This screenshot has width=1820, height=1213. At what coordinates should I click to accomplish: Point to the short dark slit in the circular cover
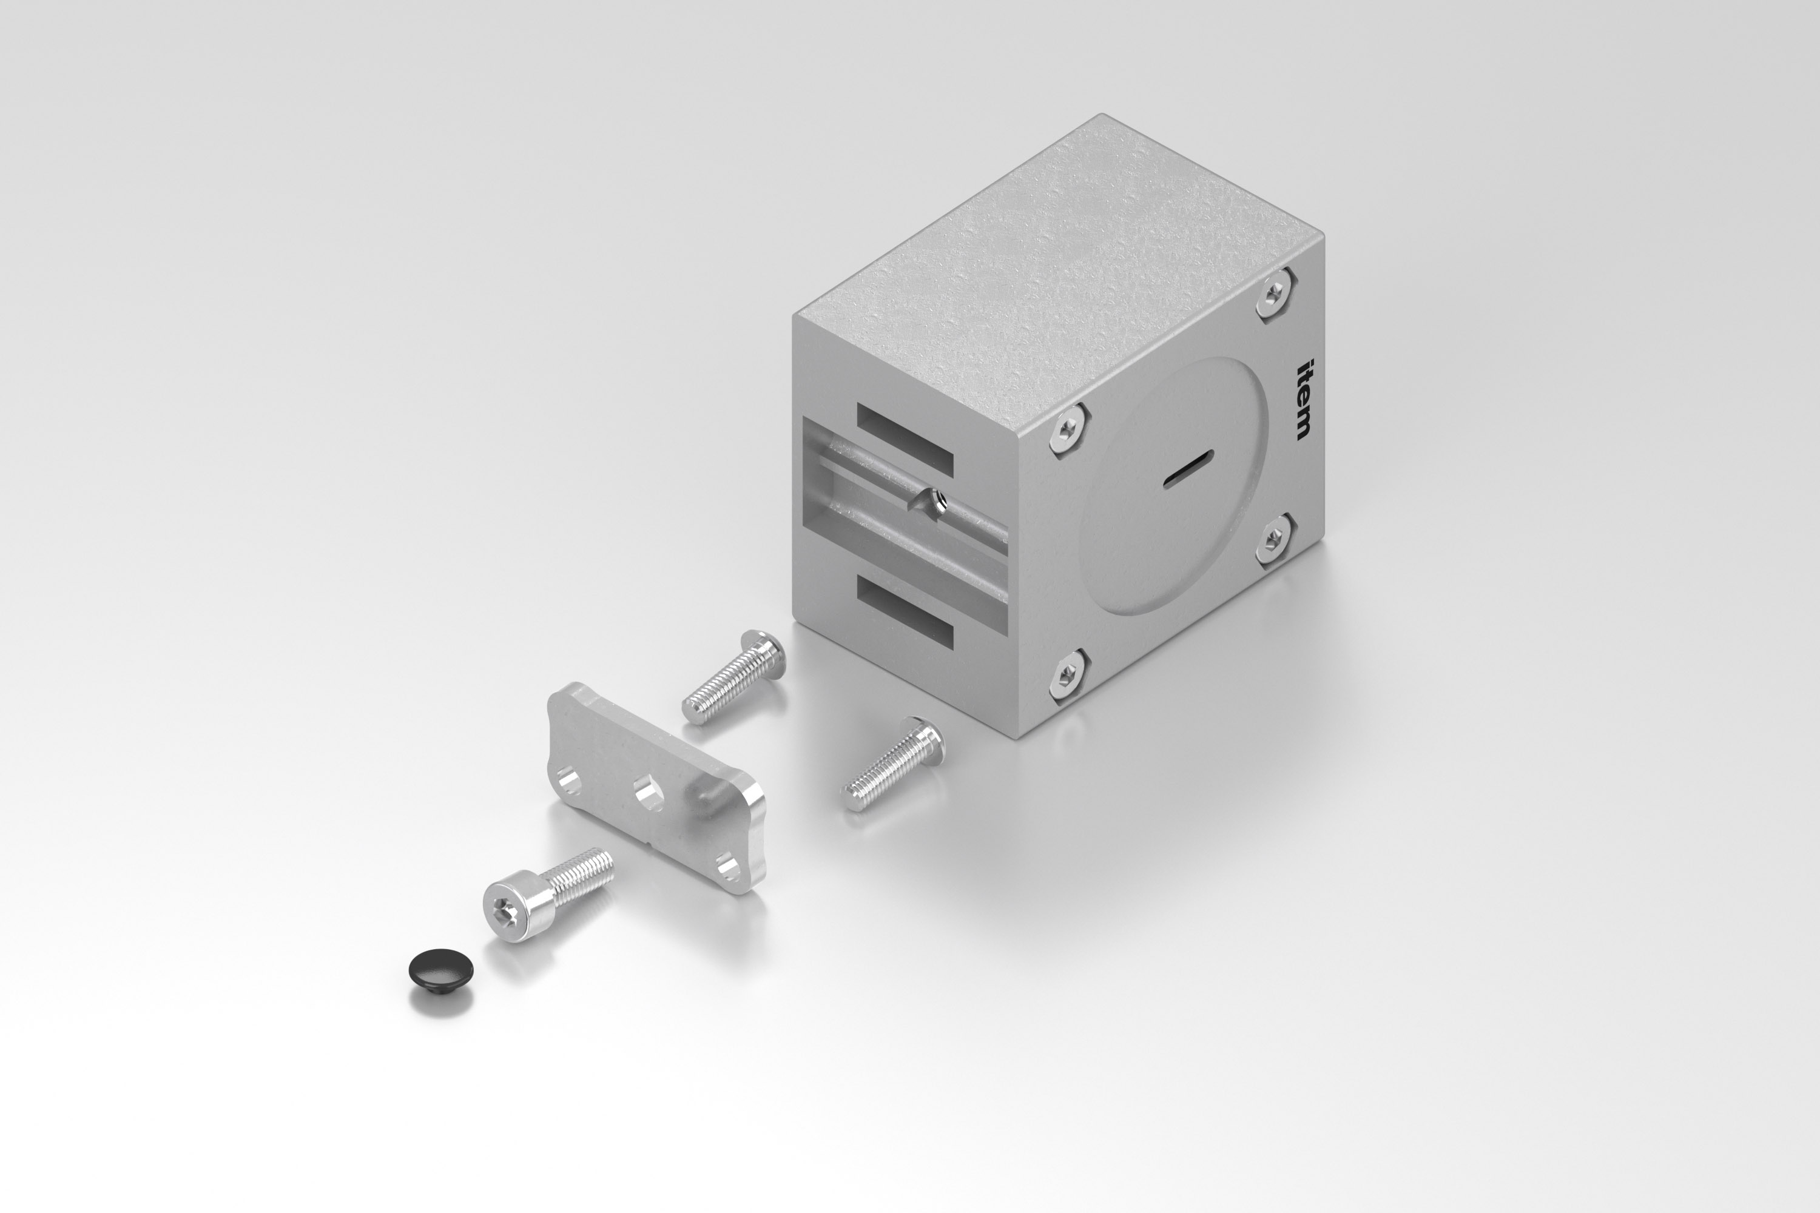1188,468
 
